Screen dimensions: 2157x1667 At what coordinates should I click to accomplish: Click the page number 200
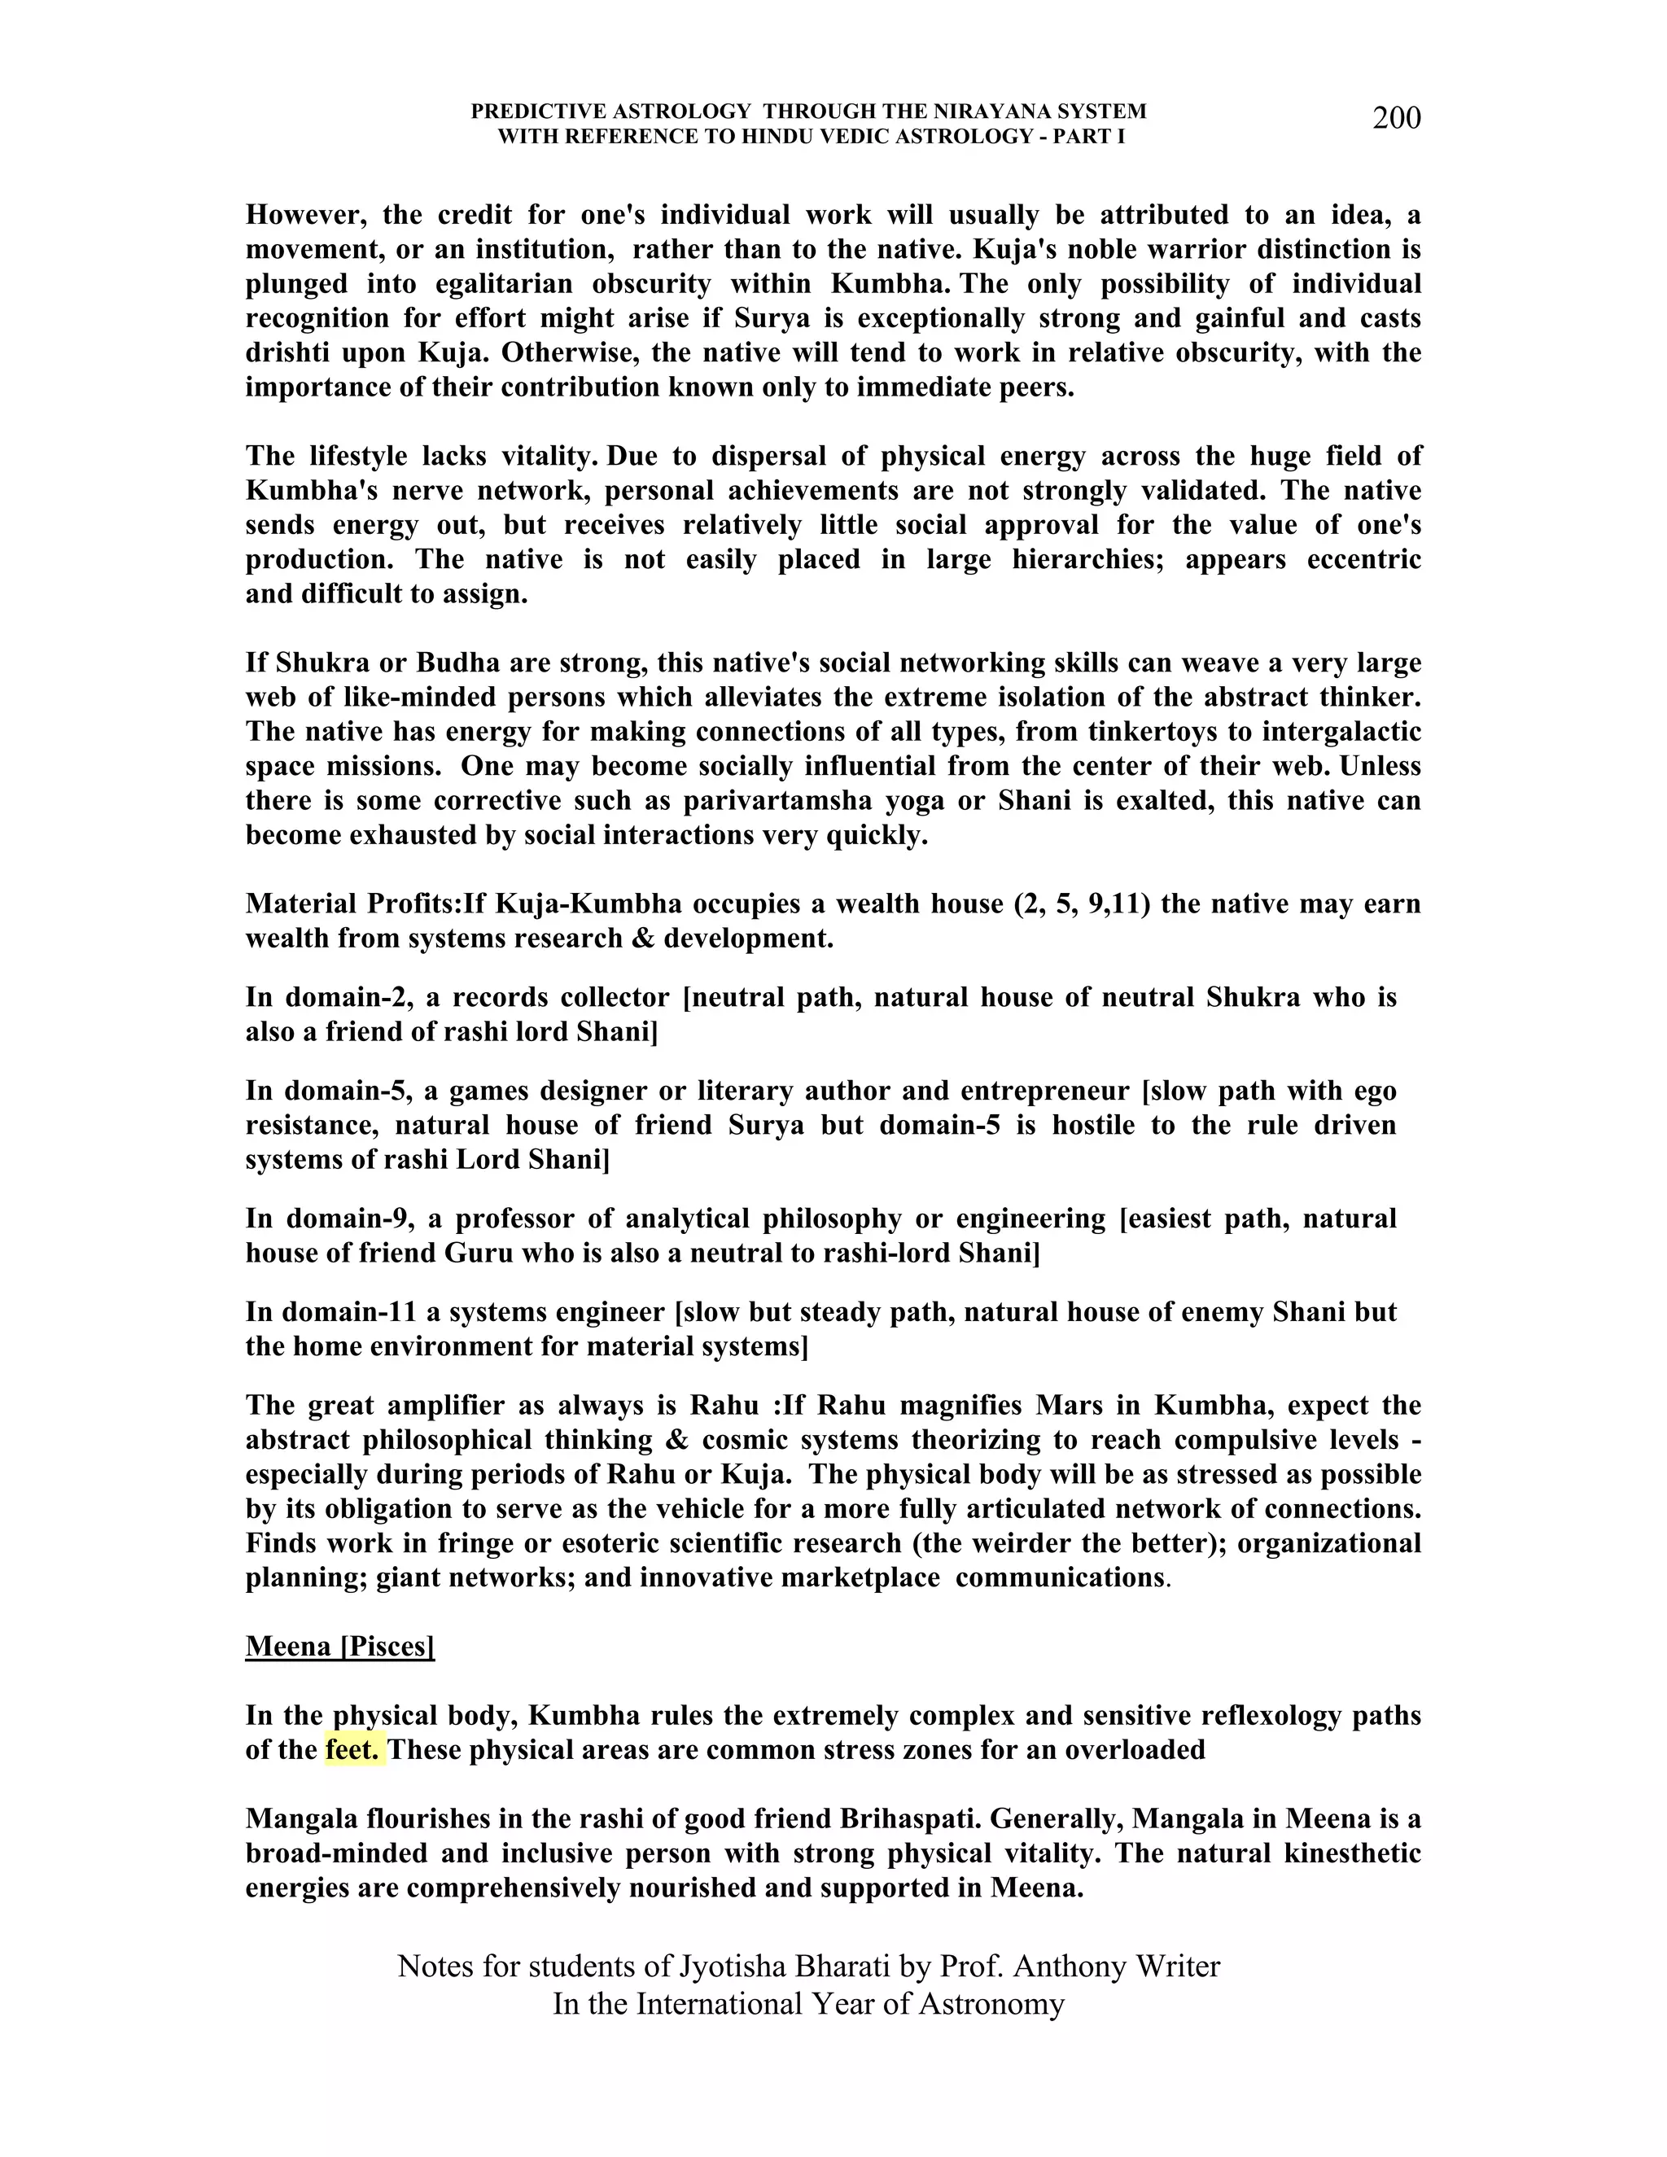point(1397,119)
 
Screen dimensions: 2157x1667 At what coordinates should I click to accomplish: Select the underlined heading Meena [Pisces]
point(339,1647)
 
